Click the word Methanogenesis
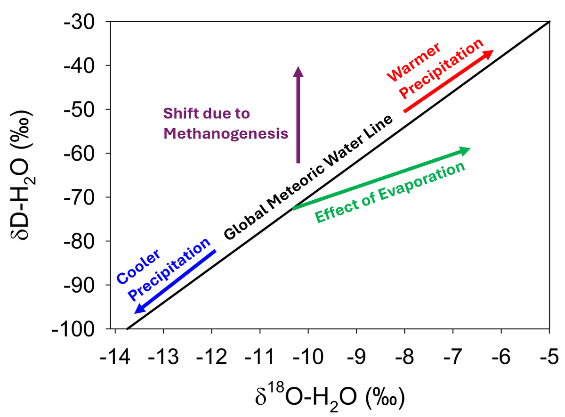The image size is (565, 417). [226, 134]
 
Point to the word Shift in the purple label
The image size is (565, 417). [176, 114]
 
